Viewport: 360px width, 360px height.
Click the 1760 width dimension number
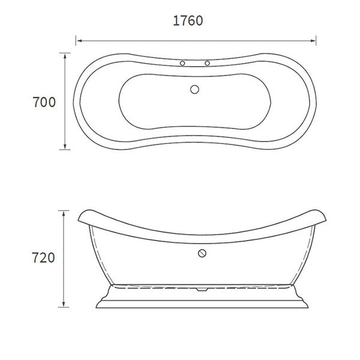[x=188, y=20]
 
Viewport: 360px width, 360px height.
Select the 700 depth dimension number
[x=44, y=102]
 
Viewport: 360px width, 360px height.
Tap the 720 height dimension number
[x=43, y=258]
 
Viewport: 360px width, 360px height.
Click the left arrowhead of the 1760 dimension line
[x=78, y=41]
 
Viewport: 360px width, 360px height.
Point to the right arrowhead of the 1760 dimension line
[x=314, y=41]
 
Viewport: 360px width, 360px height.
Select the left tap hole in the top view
[x=182, y=63]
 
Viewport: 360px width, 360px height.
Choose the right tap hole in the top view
[x=208, y=63]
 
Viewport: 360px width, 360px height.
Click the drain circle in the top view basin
[x=194, y=89]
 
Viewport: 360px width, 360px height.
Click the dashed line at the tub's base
[x=150, y=284]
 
